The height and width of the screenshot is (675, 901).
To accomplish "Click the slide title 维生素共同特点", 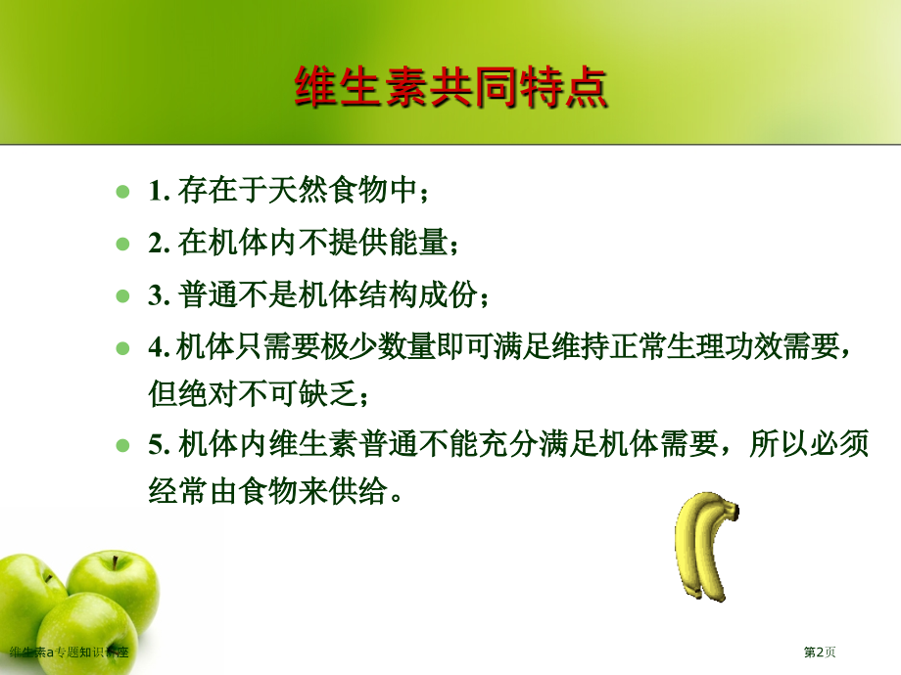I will pos(450,88).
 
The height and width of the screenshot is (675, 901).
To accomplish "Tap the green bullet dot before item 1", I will pos(122,191).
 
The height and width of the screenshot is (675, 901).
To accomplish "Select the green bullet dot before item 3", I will pos(122,294).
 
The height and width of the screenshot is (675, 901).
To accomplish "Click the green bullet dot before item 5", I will pos(122,445).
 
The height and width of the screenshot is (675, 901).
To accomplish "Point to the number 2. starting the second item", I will pos(160,243).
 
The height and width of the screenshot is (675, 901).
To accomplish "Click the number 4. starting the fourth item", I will pos(160,347).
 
